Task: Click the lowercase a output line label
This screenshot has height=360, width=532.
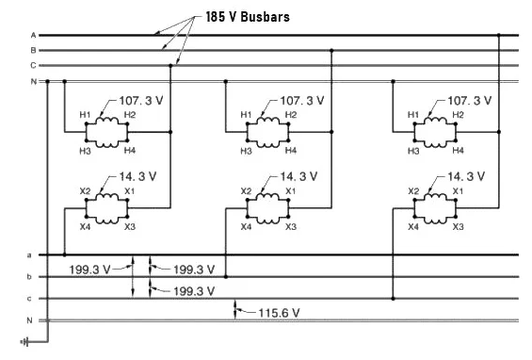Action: pos(29,254)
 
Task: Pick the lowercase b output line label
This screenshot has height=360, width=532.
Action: pos(29,277)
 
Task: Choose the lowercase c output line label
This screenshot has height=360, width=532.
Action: pos(29,299)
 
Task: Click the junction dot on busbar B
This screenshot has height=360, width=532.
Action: pos(332,50)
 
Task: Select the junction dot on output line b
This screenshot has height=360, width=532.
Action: pos(226,277)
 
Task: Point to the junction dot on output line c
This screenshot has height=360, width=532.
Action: pos(393,299)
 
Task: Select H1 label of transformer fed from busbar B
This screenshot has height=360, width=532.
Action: pos(246,115)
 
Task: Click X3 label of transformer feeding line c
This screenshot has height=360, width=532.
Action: pos(459,226)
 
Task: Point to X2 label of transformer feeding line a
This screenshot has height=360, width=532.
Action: pos(84,191)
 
